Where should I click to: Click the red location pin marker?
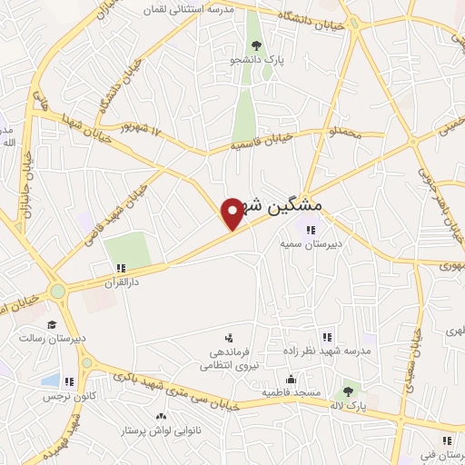233,213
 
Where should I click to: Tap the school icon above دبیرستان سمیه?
310,230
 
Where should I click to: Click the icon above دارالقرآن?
120,268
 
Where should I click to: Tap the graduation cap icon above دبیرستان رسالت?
52,324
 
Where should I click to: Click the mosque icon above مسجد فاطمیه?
290,380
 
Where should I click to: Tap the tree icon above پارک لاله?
346,391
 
